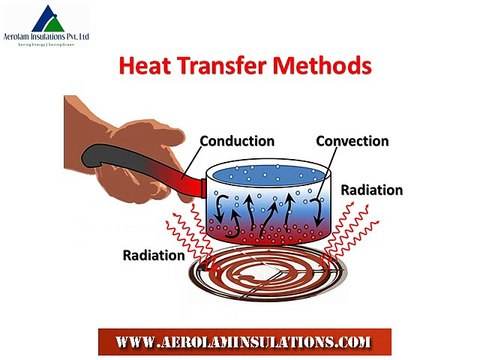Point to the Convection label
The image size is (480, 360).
coord(352,140)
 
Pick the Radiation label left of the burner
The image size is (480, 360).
coord(153,254)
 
